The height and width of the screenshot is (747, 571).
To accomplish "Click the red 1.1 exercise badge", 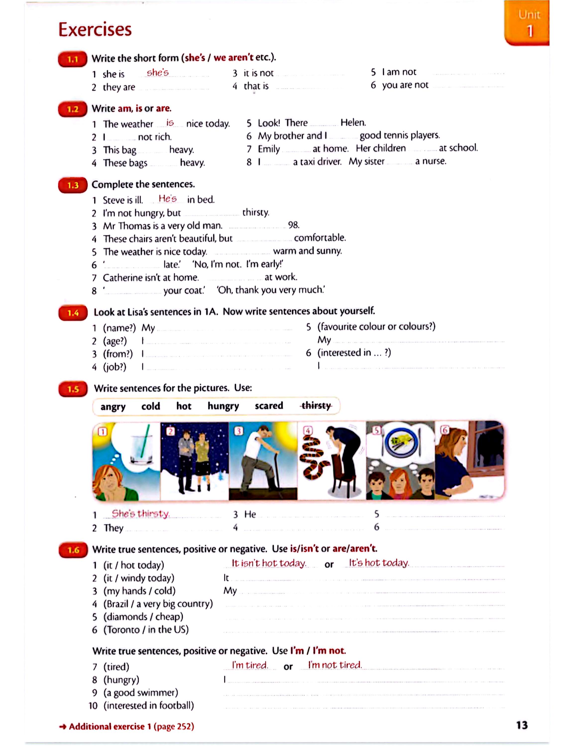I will click(x=72, y=60).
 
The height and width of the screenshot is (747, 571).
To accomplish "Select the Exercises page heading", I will click(x=95, y=29).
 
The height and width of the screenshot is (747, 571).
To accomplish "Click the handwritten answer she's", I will click(x=157, y=72).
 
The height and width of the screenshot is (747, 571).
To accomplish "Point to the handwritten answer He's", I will click(x=168, y=198).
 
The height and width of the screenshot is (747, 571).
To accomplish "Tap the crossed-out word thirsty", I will click(x=316, y=406).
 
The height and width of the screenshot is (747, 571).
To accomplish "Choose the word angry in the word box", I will click(x=113, y=407).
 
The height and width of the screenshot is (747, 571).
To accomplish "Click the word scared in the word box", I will click(x=269, y=406).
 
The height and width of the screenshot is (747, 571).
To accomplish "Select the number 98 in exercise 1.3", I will click(x=293, y=225).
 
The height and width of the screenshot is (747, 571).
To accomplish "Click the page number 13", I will click(x=522, y=725).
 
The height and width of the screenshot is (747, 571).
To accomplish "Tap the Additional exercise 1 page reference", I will click(x=126, y=727).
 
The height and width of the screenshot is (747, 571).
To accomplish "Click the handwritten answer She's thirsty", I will click(x=140, y=513).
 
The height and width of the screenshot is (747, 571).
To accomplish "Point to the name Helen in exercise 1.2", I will click(x=353, y=123).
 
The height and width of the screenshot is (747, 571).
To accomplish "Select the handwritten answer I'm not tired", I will click(x=335, y=665).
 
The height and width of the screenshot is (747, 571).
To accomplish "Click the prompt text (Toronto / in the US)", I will click(x=146, y=630).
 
